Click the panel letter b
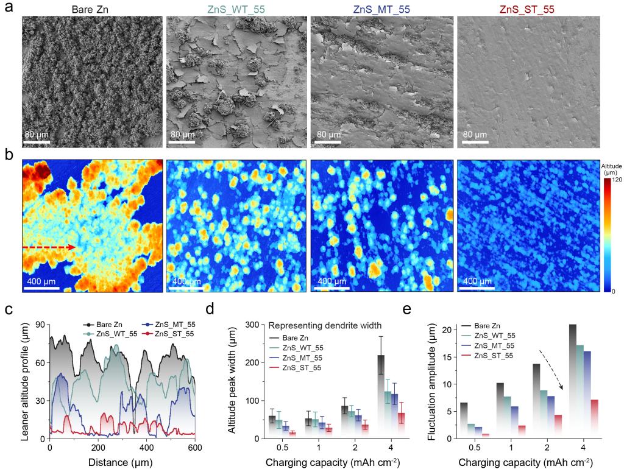9,155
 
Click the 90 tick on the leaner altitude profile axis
40,324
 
